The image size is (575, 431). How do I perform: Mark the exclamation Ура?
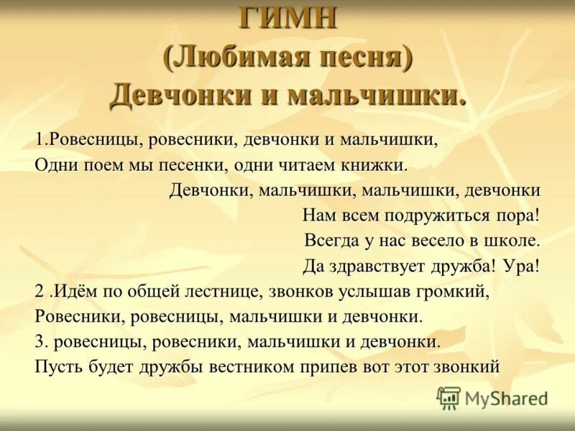point(521,266)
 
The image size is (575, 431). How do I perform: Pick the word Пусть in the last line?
point(55,366)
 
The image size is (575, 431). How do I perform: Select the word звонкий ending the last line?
point(467,366)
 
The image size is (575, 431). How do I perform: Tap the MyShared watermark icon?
point(448,397)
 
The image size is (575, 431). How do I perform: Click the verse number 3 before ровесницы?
point(39,341)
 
